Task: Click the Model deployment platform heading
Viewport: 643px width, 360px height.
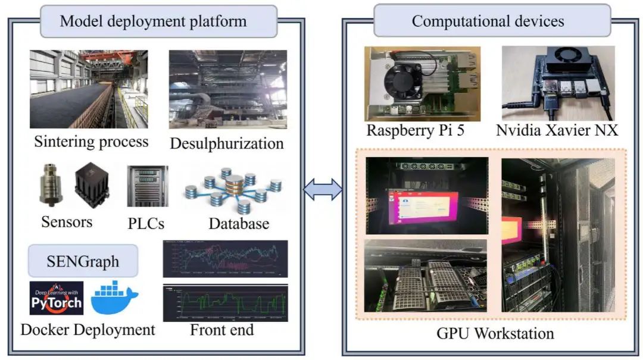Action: click(x=154, y=22)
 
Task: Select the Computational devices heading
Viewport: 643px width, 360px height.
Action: click(x=488, y=22)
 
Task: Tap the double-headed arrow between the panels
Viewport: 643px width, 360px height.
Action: click(x=323, y=190)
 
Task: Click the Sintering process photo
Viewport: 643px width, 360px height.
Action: click(x=89, y=89)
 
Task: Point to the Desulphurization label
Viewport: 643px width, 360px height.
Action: click(x=227, y=143)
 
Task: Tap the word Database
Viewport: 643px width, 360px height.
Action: click(x=239, y=224)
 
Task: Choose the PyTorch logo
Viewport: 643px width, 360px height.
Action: click(x=56, y=298)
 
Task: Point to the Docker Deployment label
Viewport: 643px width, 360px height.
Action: click(x=88, y=329)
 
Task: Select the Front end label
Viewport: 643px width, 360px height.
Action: click(x=222, y=329)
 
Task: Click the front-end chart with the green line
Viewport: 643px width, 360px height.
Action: click(x=225, y=303)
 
